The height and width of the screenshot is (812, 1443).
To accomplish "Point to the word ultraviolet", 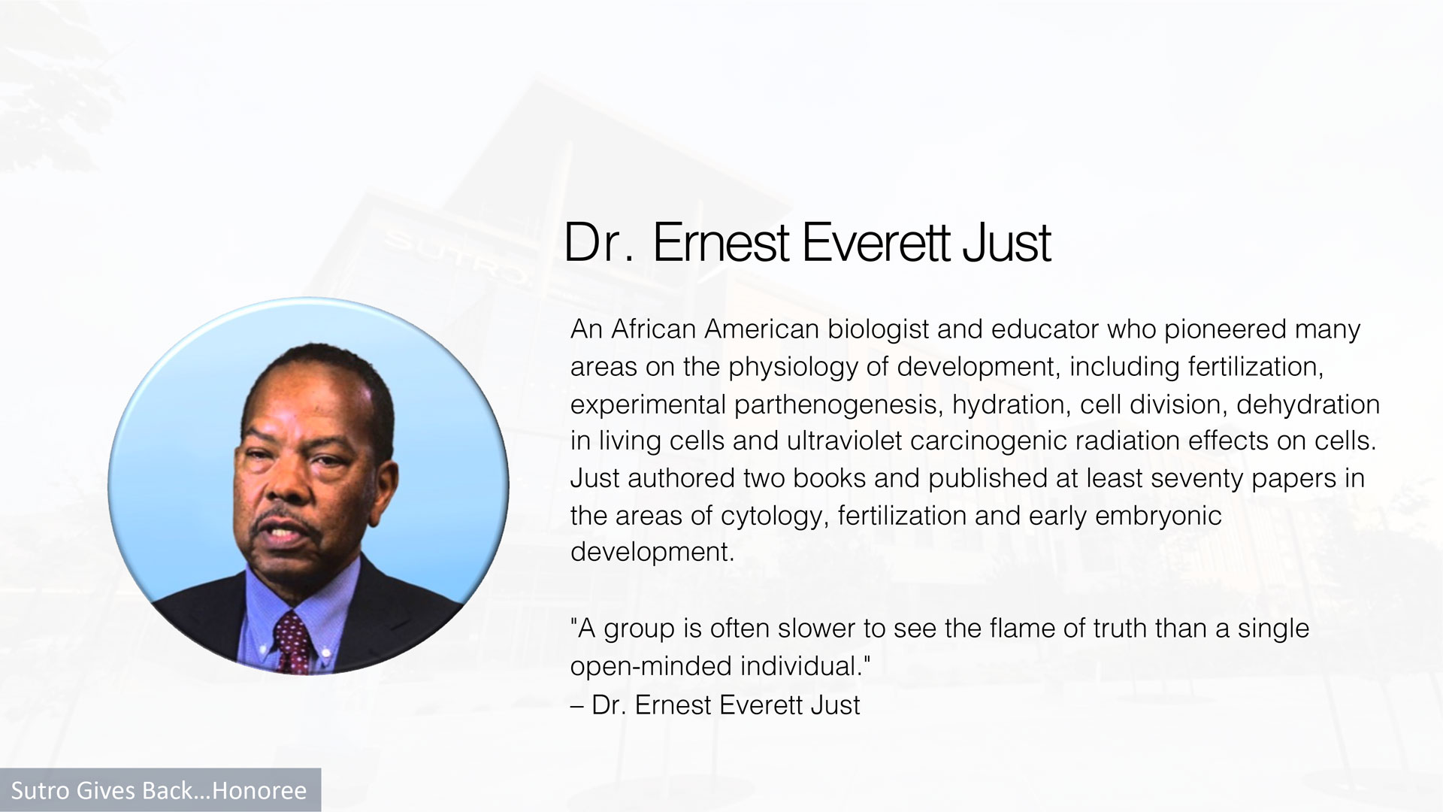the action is pyautogui.click(x=844, y=441).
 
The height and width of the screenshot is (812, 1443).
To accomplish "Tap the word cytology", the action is pyautogui.click(x=776, y=517).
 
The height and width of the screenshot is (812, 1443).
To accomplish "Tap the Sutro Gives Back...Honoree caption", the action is pyautogui.click(x=159, y=790).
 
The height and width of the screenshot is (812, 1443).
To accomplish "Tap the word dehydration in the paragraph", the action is pyautogui.click(x=1308, y=405).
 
